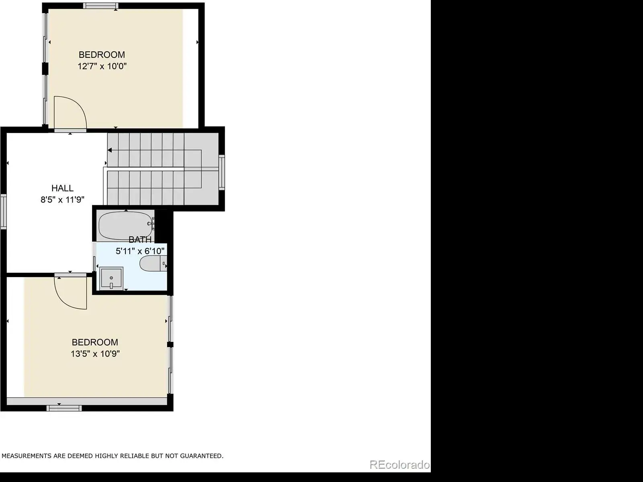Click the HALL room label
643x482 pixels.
pos(62,188)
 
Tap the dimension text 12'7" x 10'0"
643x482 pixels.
pos(102,66)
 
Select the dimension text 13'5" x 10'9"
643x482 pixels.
pos(95,354)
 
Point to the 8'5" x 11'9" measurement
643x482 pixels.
pos(62,200)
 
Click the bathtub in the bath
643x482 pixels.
pos(126,226)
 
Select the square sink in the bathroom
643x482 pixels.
pos(111,278)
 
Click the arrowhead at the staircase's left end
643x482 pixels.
pos(110,150)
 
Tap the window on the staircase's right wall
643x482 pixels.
pos(222,172)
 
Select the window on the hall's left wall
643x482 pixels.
pos(3,211)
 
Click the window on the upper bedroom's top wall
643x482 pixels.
pos(100,6)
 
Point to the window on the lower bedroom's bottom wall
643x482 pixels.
pos(64,408)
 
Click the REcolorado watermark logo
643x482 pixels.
pos(399,464)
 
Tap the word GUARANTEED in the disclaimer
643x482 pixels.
pos(202,455)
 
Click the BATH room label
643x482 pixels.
pos(140,240)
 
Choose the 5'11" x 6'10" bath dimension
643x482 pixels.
pos(140,251)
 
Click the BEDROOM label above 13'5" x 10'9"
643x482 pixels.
pos(95,342)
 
